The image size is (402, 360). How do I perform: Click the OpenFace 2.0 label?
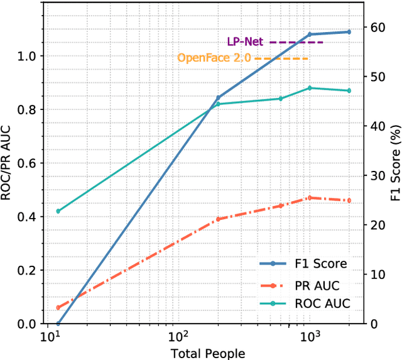coord(214,58)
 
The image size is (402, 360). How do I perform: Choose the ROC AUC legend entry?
coord(322,304)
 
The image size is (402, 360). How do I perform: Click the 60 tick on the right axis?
coord(376,28)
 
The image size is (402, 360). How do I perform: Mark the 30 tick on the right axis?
coord(376,175)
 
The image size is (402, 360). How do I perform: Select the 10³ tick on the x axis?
coord(308,337)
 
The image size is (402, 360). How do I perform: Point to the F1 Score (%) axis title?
coord(394,163)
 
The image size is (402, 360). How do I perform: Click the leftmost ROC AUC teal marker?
coord(58,211)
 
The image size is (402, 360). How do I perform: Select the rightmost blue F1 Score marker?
coord(349,31)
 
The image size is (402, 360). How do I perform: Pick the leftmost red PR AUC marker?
coord(58,308)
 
